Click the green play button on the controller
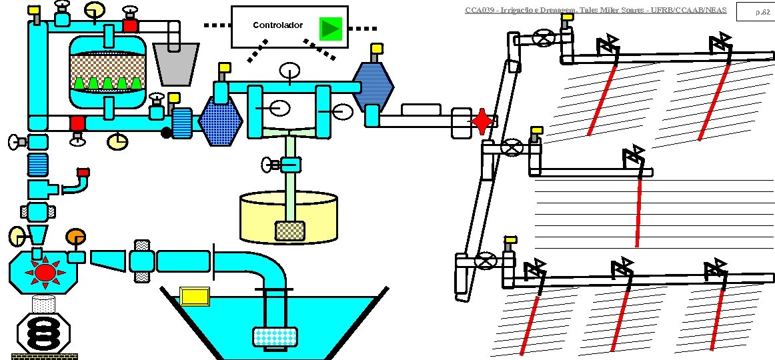coord(329,28)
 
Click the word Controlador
coord(277,25)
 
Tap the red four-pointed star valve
coord(482,122)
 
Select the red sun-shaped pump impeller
coord(45,272)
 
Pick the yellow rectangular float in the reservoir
coord(195,295)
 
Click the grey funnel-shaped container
coord(175,63)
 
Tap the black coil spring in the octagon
coord(43,331)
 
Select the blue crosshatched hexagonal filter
coord(222,121)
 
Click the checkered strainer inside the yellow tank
coord(290,230)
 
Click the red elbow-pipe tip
coord(83,175)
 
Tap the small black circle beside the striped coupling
coord(166,133)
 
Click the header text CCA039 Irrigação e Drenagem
coord(595,10)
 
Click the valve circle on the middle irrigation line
coord(512,147)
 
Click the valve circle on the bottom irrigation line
coord(488,261)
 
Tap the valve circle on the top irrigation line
coord(546,37)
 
